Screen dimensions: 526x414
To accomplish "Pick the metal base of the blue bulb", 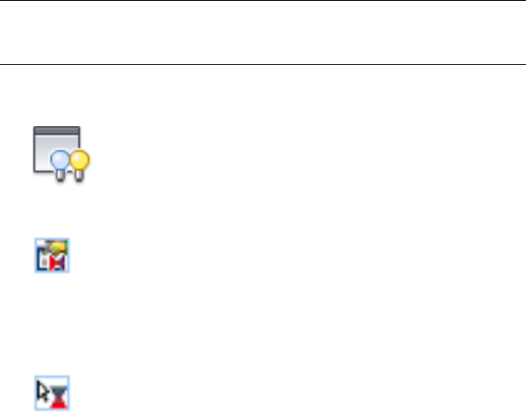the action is point(61,176).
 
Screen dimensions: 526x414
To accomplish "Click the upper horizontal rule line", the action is point(263,1).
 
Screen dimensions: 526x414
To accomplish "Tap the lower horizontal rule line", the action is point(263,64).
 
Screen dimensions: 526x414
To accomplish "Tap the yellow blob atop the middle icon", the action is point(57,247).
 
